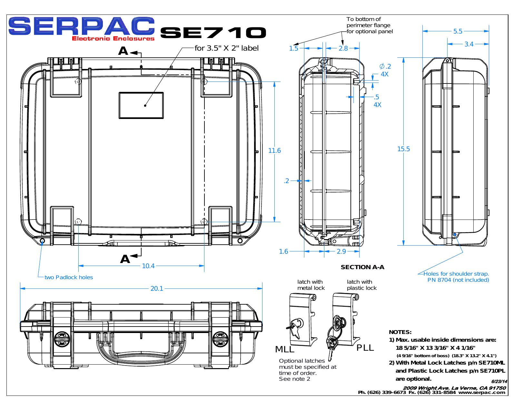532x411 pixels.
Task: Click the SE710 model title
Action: tap(213, 33)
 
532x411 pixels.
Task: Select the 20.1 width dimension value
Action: tap(157, 289)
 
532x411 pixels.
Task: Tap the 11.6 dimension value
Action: tap(274, 151)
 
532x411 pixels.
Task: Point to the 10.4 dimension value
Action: tap(148, 266)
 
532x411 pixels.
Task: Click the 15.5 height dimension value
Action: tap(403, 149)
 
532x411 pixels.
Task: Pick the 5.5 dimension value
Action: tap(458, 31)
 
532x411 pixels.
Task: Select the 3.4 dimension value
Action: tap(469, 44)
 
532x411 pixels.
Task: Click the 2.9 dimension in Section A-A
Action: tap(341, 251)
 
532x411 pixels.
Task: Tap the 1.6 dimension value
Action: tap(283, 251)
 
